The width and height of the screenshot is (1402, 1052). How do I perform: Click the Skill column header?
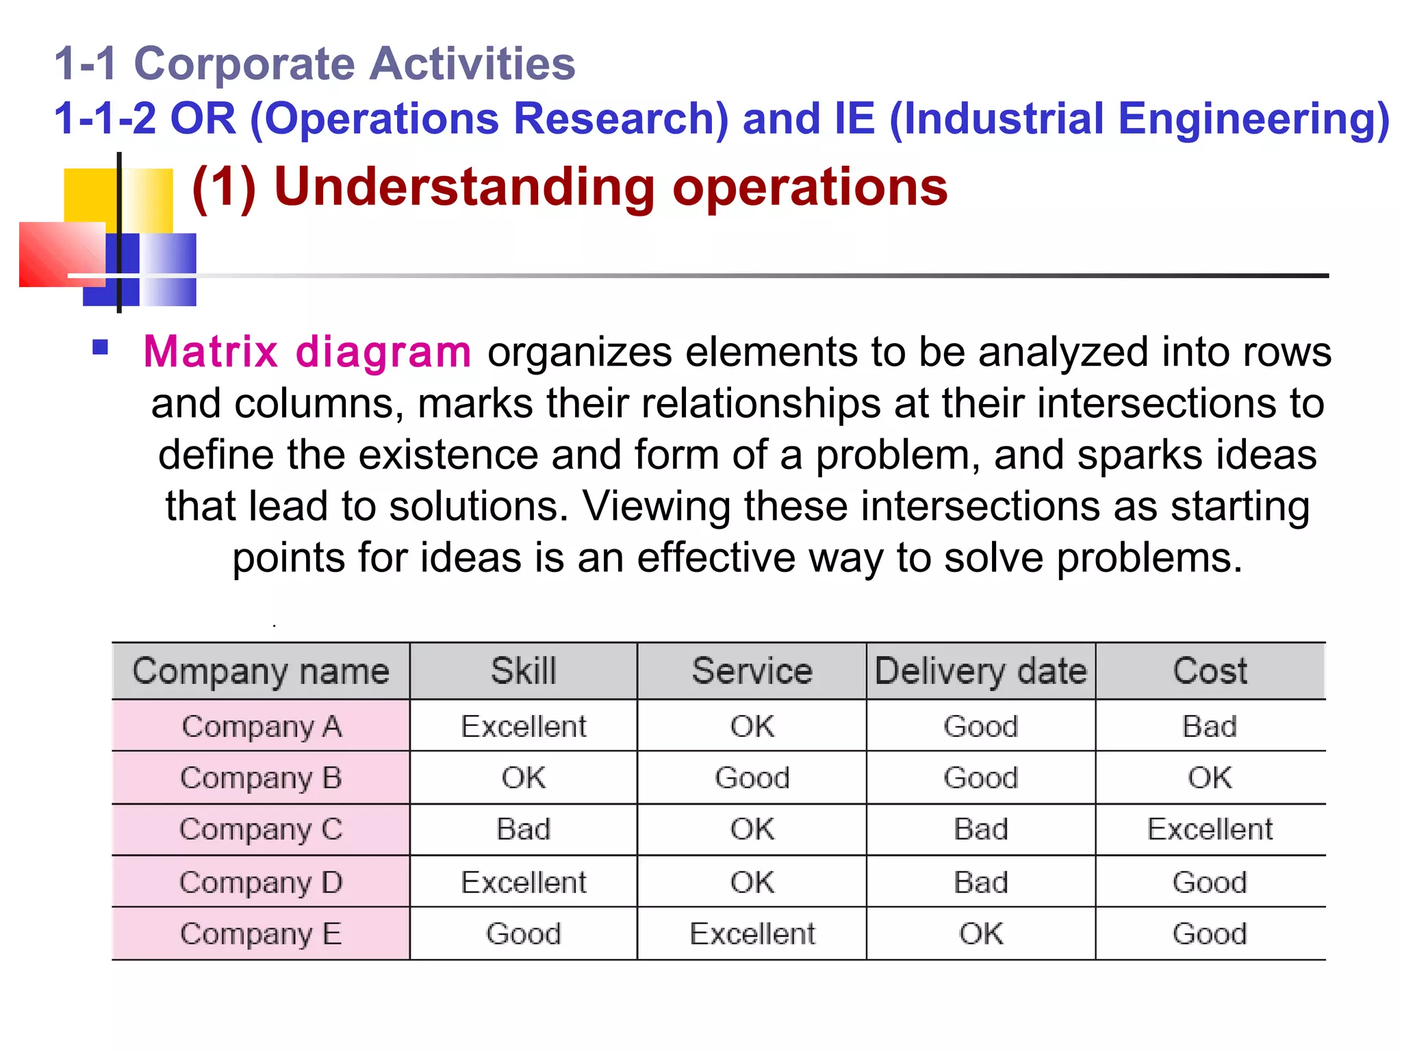524,671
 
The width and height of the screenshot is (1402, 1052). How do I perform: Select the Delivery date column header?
980,671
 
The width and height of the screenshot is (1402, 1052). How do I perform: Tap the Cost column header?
1210,671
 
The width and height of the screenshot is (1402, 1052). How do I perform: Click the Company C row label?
261,829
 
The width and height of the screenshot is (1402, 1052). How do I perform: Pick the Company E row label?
261,934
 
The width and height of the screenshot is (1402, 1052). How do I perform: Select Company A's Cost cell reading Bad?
1210,726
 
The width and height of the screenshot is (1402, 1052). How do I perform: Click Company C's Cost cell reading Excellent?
1210,829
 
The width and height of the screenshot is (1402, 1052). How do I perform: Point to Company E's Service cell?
752,934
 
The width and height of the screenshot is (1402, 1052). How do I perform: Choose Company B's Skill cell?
524,778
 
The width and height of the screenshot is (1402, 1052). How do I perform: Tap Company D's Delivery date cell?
980,882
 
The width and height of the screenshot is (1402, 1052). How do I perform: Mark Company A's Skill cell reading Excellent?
524,726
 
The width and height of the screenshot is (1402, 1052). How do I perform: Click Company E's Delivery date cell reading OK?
980,934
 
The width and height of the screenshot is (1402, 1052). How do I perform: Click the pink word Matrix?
210,352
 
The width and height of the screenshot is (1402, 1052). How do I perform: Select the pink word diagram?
383,352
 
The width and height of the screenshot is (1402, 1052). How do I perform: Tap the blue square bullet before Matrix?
101,347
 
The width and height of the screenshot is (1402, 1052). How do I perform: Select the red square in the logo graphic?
62,253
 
